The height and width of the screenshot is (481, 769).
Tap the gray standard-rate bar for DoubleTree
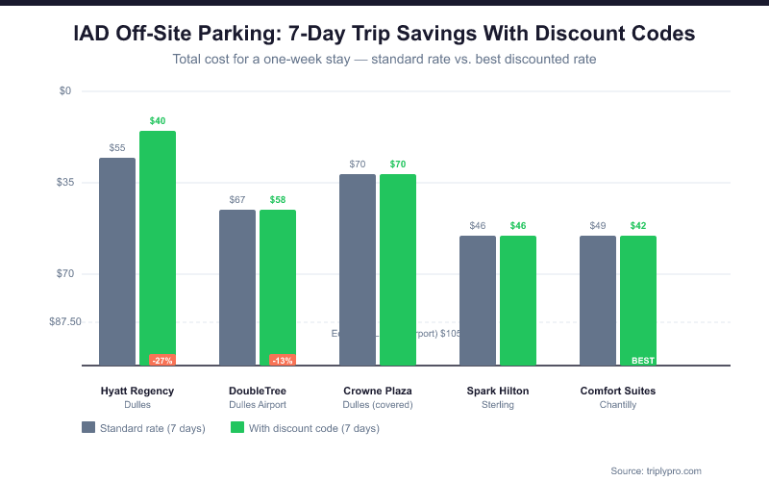coord(237,288)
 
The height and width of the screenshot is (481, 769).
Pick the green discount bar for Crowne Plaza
coord(398,269)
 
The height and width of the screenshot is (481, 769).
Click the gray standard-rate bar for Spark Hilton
coord(478,300)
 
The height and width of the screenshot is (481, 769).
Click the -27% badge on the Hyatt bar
coord(161,361)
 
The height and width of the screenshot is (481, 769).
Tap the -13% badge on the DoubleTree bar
coord(282,361)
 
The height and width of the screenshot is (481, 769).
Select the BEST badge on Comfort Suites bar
coord(642,361)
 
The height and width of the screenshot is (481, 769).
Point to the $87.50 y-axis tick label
coord(65,322)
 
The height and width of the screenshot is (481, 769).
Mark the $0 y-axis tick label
coord(65,91)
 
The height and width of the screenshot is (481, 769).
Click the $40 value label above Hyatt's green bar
coord(158,120)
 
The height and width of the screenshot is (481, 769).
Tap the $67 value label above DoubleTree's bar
coord(237,199)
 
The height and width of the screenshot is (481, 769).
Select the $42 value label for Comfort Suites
coord(638,225)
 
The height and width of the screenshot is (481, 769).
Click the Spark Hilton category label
coord(498,392)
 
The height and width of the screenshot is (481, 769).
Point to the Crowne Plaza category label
coord(378,392)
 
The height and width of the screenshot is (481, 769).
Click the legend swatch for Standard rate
coord(88,428)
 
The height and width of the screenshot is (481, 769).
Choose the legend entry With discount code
coord(305,428)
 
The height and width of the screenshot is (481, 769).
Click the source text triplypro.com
coord(657,470)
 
